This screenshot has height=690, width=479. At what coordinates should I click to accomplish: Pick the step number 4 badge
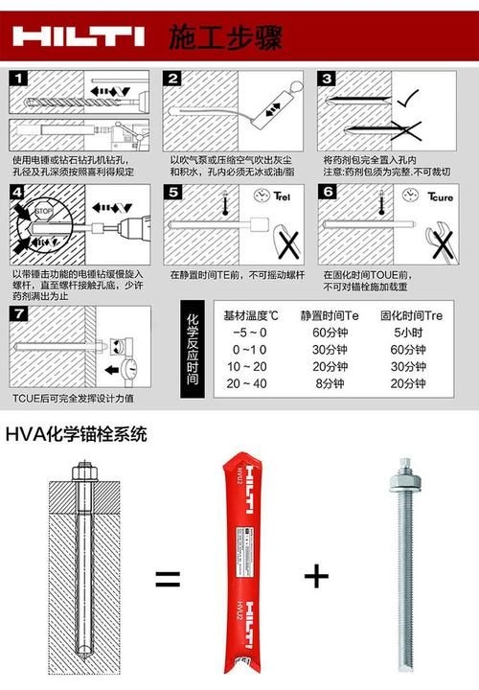pos(20,193)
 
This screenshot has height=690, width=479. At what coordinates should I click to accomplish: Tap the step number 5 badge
pos(172,193)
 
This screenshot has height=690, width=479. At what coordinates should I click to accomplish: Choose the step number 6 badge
pos(327,193)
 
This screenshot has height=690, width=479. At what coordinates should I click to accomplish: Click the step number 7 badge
pos(20,313)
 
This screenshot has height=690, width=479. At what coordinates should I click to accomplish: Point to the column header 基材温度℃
pos(251,313)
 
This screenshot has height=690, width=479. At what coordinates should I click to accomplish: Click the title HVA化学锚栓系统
pos(77,434)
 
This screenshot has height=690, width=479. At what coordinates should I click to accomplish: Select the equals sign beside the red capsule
pos(169,578)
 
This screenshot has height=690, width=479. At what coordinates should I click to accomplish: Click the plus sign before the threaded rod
pos(315,576)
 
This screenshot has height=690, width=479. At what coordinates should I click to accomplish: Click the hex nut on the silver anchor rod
pos(401,476)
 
